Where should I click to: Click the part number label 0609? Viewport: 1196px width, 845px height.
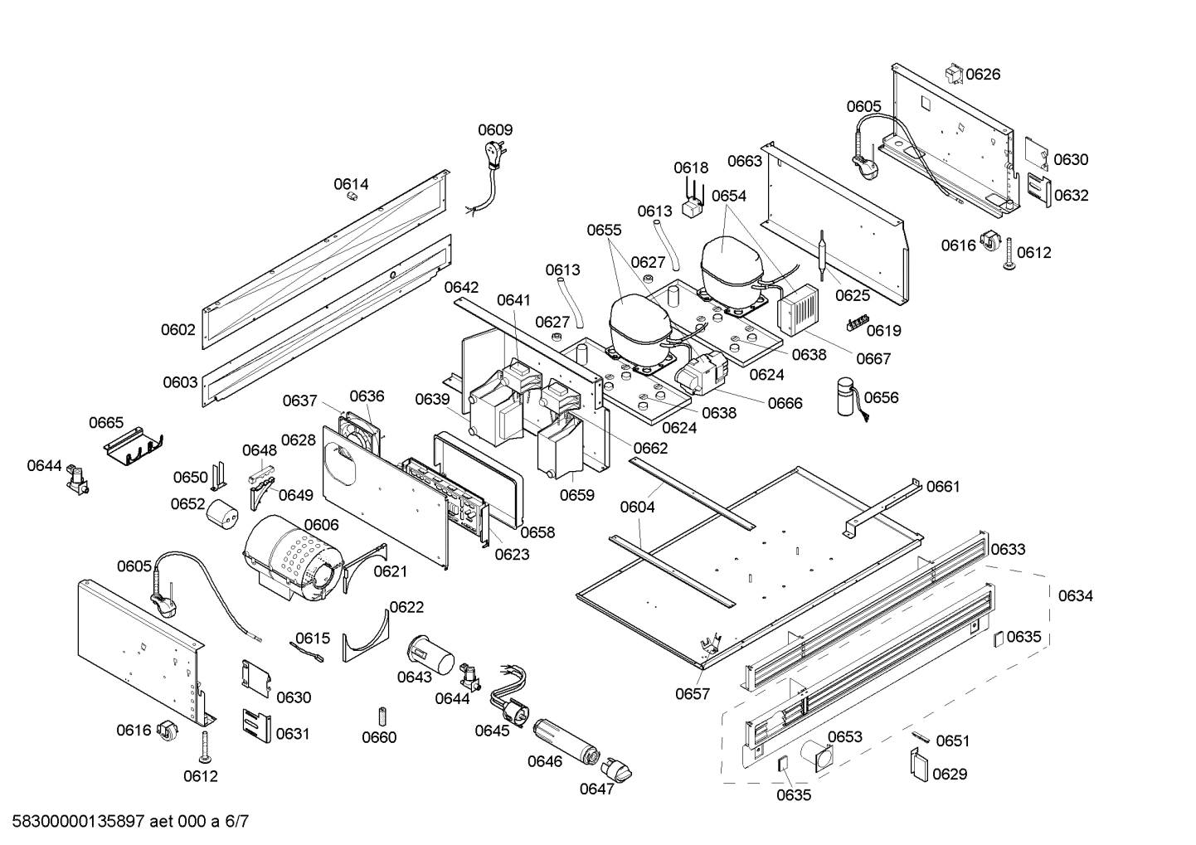[495, 130]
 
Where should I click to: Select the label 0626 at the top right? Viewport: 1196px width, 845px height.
[983, 75]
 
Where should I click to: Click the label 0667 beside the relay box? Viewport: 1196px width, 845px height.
[873, 358]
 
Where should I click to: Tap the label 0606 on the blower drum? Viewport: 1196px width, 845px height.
[321, 525]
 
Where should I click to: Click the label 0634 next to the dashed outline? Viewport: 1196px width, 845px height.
[1075, 595]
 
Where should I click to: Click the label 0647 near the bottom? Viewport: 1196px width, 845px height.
[596, 789]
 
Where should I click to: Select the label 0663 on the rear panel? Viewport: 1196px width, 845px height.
[744, 161]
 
